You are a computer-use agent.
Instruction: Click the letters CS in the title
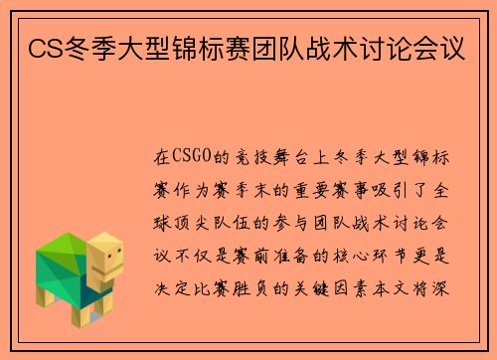pyautogui.click(x=43, y=47)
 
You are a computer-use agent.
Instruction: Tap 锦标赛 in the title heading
pyautogui.click(x=248, y=47)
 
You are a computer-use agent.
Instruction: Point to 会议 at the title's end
pyautogui.click(x=452, y=47)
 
